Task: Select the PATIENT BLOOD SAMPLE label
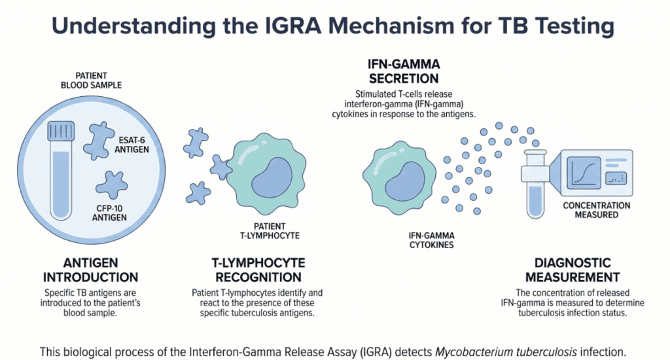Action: point(91,80)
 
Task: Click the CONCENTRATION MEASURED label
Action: point(597,209)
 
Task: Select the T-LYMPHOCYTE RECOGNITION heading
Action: point(257,269)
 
